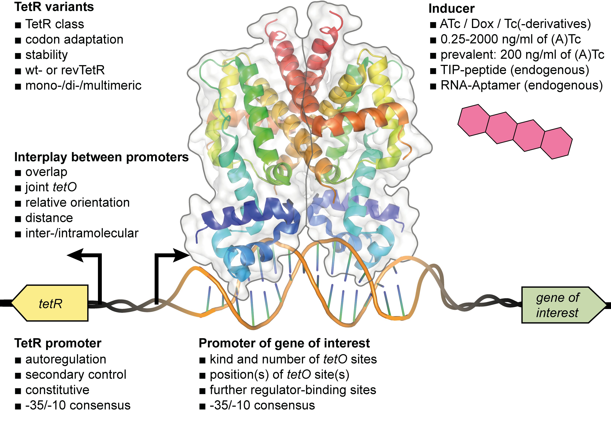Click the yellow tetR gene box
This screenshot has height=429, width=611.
click(51, 303)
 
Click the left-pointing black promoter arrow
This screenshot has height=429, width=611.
click(77, 255)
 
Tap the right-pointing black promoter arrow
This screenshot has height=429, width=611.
click(178, 255)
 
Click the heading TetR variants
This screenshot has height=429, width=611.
click(54, 7)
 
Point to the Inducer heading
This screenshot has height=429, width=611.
click(451, 8)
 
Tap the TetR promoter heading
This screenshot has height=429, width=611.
click(58, 343)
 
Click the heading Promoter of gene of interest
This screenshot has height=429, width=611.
click(284, 343)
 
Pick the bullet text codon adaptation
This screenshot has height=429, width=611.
click(74, 40)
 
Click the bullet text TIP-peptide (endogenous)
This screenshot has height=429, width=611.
click(515, 70)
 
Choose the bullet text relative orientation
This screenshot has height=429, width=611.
click(77, 203)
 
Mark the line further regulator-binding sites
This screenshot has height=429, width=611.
click(293, 390)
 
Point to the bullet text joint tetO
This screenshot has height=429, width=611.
click(51, 187)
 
